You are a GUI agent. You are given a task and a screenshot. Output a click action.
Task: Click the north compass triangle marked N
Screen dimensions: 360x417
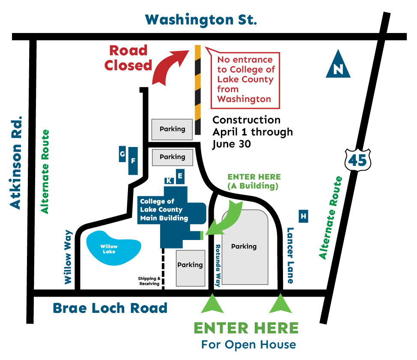(x=338, y=66)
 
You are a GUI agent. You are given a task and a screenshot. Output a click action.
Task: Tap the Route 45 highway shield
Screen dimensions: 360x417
(x=357, y=159)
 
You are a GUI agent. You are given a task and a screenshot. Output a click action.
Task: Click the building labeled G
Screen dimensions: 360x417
(x=122, y=154)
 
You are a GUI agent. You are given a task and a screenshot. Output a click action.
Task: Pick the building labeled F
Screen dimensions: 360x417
(x=133, y=161)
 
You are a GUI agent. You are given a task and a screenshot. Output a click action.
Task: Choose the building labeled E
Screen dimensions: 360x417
(x=180, y=176)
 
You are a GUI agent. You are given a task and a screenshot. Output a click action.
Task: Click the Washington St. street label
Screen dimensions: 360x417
(x=201, y=20)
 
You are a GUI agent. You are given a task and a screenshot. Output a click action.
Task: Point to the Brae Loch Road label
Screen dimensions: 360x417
(x=110, y=308)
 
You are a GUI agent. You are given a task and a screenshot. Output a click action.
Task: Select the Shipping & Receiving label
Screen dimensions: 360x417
(x=149, y=281)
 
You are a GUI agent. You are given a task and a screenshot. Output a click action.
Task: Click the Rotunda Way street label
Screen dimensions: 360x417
(x=217, y=265)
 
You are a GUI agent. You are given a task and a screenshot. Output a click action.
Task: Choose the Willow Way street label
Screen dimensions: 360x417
(x=68, y=257)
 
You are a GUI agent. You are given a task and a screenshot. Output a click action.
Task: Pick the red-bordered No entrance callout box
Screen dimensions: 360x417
(x=245, y=79)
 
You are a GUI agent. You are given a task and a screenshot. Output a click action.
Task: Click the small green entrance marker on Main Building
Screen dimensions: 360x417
(x=202, y=235)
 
